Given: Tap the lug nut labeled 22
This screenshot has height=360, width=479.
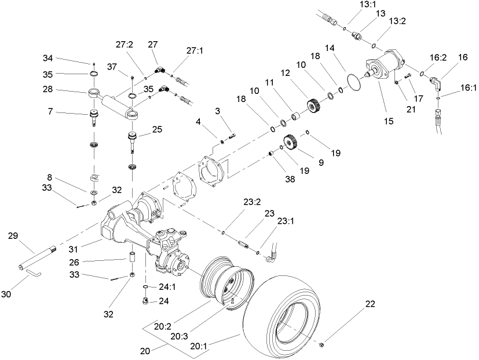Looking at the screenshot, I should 321,346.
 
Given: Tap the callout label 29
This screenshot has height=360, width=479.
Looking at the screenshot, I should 13,235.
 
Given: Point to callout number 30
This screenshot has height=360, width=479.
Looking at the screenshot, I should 6,294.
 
